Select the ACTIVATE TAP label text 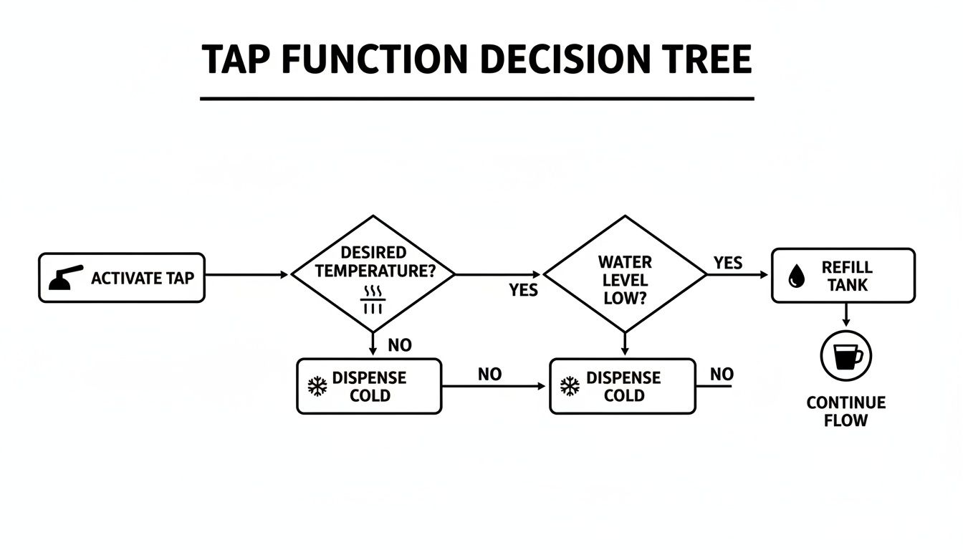[x=143, y=278]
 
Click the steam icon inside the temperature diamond [x=373, y=299]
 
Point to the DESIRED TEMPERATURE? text [x=373, y=262]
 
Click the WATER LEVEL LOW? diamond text [x=625, y=280]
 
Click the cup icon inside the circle [x=845, y=355]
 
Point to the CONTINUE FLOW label [x=845, y=411]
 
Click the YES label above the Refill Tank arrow [x=728, y=264]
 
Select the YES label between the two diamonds [x=523, y=290]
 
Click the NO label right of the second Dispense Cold [x=722, y=374]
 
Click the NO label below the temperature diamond [x=400, y=345]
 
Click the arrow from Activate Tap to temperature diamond [x=247, y=274]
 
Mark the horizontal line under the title [x=476, y=98]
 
